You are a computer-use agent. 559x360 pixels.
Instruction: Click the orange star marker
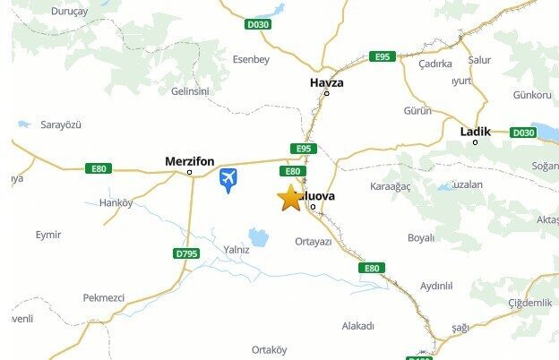point(290,197)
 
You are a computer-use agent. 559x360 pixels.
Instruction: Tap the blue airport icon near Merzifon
point(228,180)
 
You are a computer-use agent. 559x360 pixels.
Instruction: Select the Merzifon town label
point(190,161)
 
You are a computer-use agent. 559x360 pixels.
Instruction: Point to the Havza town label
point(326,82)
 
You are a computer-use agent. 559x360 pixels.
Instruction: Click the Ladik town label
point(475,132)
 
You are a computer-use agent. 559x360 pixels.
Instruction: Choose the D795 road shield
point(186,253)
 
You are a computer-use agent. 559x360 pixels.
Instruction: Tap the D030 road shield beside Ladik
point(522,133)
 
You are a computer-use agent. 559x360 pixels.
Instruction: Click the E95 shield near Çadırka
point(383,56)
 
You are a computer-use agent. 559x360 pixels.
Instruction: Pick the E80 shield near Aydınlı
point(372,268)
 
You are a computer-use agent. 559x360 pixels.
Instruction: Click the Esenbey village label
point(251,60)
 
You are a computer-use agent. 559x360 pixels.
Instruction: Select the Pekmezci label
point(103,297)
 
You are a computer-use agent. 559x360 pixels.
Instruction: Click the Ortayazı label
point(313,242)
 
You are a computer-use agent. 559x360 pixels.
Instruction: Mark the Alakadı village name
point(357,326)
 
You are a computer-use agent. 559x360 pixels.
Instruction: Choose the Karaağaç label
point(390,186)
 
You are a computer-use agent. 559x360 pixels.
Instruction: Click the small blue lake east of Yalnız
point(259,237)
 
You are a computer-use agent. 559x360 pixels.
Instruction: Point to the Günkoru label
point(531,95)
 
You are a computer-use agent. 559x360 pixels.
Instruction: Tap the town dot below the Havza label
point(326,93)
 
